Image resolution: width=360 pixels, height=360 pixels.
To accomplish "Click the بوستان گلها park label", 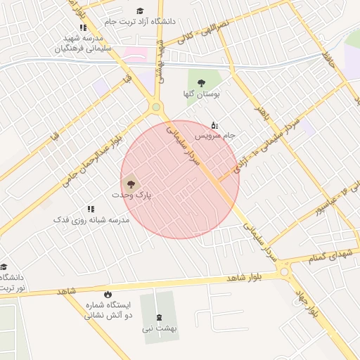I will tap(207, 93).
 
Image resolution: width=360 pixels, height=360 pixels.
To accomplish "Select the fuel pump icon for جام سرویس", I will tap(214, 124).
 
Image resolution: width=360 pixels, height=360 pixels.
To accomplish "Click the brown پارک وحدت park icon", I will tap(130, 186).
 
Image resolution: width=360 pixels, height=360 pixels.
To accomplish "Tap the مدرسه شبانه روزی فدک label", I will tap(91, 220).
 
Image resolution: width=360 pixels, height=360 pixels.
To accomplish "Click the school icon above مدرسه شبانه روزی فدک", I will tap(91, 209).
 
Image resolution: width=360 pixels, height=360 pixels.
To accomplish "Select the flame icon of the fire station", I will tap(108, 295).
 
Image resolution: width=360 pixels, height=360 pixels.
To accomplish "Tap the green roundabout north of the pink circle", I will tap(155, 108).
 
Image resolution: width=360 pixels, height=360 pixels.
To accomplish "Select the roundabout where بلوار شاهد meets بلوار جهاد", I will tap(284, 271).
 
